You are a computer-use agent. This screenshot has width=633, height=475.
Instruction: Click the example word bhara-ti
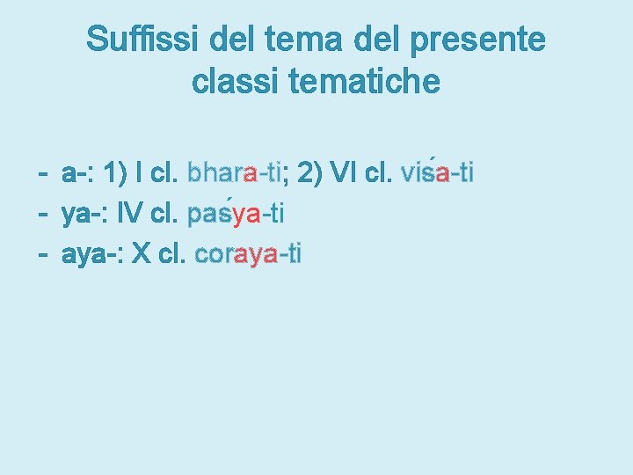[234, 172]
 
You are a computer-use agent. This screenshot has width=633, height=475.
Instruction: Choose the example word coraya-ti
[249, 255]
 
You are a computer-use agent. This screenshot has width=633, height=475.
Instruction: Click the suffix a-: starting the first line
[78, 173]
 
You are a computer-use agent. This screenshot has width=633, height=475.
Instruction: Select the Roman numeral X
[141, 255]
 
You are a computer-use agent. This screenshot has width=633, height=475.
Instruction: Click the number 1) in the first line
[115, 172]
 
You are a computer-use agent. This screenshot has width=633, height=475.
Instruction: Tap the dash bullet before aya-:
[41, 255]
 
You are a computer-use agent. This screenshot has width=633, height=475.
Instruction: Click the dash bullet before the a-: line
[41, 173]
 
